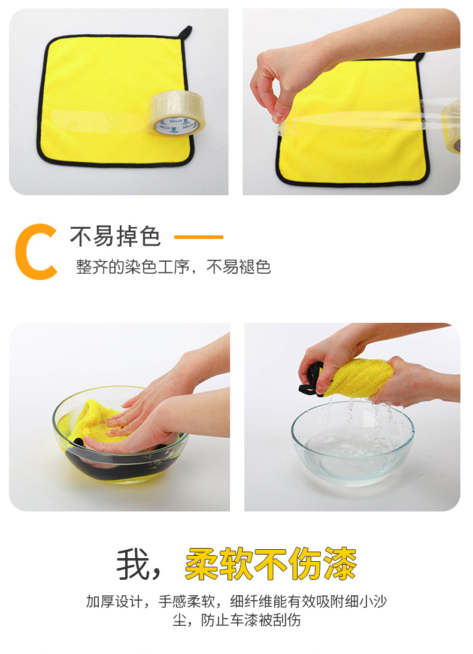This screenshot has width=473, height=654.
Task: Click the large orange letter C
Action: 36,252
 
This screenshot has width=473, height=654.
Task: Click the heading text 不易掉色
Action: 116,237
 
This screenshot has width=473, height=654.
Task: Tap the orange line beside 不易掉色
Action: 198,237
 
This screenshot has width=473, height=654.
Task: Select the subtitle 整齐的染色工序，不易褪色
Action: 173,267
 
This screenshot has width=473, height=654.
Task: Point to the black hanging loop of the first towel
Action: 185,31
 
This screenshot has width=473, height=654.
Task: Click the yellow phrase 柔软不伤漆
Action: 271,564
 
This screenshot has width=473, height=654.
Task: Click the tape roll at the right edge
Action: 453,126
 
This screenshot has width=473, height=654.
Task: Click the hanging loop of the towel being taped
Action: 419,57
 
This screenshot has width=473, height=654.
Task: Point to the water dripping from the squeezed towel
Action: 359,413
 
